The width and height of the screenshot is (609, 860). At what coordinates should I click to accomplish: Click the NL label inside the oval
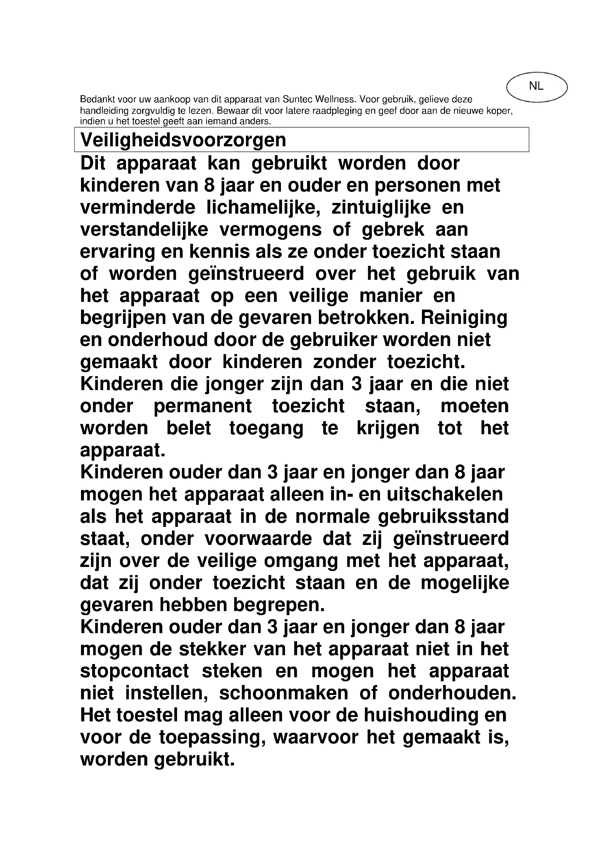coord(536,86)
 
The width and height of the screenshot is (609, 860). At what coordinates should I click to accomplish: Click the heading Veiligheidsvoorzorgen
coord(183,140)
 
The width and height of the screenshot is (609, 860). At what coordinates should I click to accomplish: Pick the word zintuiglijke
coord(381,207)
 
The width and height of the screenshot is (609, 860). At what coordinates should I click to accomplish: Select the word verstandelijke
coord(144,229)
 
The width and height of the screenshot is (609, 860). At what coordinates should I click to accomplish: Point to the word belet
coord(189,428)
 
